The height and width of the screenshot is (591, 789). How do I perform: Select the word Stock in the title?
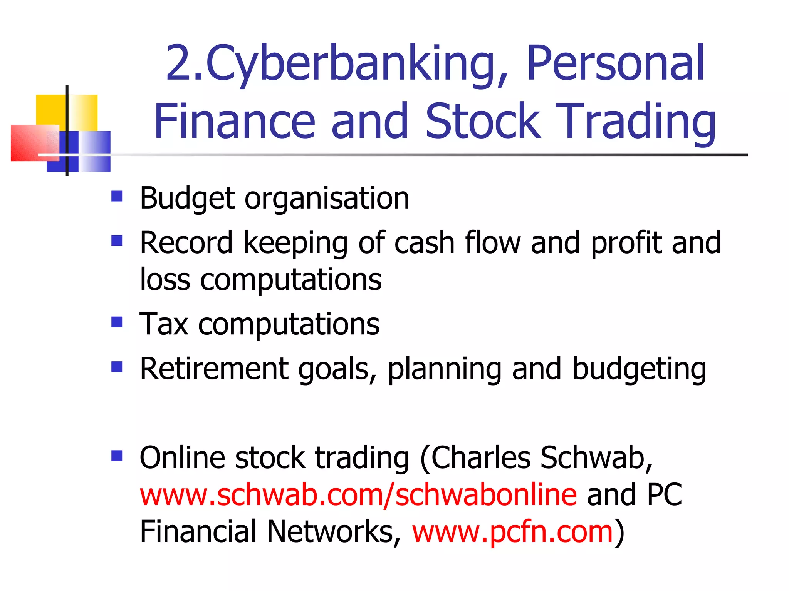(482, 121)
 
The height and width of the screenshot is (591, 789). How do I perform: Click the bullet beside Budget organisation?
(117, 197)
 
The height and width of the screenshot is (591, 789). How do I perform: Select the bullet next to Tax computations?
(117, 322)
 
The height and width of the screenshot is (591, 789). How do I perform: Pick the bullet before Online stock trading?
(117, 456)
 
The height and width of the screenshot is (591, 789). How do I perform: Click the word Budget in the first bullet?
(187, 199)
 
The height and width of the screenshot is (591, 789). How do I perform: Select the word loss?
(165, 279)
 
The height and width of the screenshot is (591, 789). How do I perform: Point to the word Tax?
(164, 324)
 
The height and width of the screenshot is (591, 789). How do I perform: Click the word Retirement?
(214, 369)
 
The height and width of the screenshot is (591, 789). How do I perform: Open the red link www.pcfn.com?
(512, 532)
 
